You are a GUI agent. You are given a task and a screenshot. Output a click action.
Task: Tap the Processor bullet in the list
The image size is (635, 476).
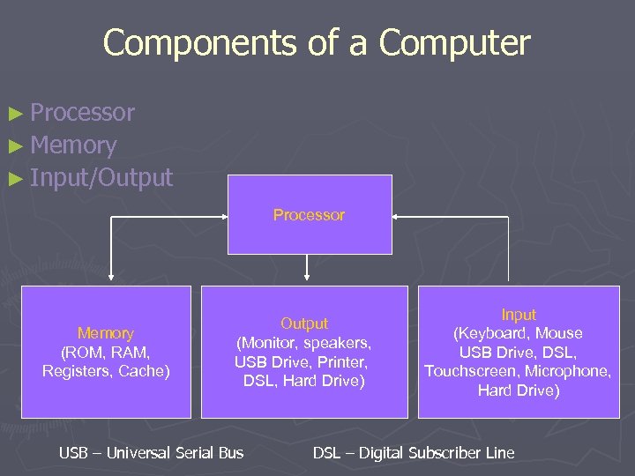coord(82,112)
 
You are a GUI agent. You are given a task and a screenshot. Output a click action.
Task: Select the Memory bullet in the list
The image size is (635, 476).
coord(73,145)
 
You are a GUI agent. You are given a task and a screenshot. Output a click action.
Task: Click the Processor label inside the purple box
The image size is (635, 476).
coord(309,215)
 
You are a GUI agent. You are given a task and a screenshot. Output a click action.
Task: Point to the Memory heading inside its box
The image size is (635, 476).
coord(106,333)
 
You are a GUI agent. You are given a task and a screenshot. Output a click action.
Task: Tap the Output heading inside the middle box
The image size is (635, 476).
coord(304,324)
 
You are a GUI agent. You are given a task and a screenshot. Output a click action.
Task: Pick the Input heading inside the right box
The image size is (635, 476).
coord(518,315)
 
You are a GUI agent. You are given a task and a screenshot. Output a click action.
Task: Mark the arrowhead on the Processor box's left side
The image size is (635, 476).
coord(223,215)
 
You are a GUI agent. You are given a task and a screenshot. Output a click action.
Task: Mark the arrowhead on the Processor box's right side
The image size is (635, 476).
coord(396,215)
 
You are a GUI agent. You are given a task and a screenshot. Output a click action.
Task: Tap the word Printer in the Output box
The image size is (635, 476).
coord(344,361)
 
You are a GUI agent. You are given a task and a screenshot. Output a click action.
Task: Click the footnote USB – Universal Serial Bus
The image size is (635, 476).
coord(151,453)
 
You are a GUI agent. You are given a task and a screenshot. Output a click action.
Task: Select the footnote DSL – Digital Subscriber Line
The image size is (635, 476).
coord(414,453)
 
